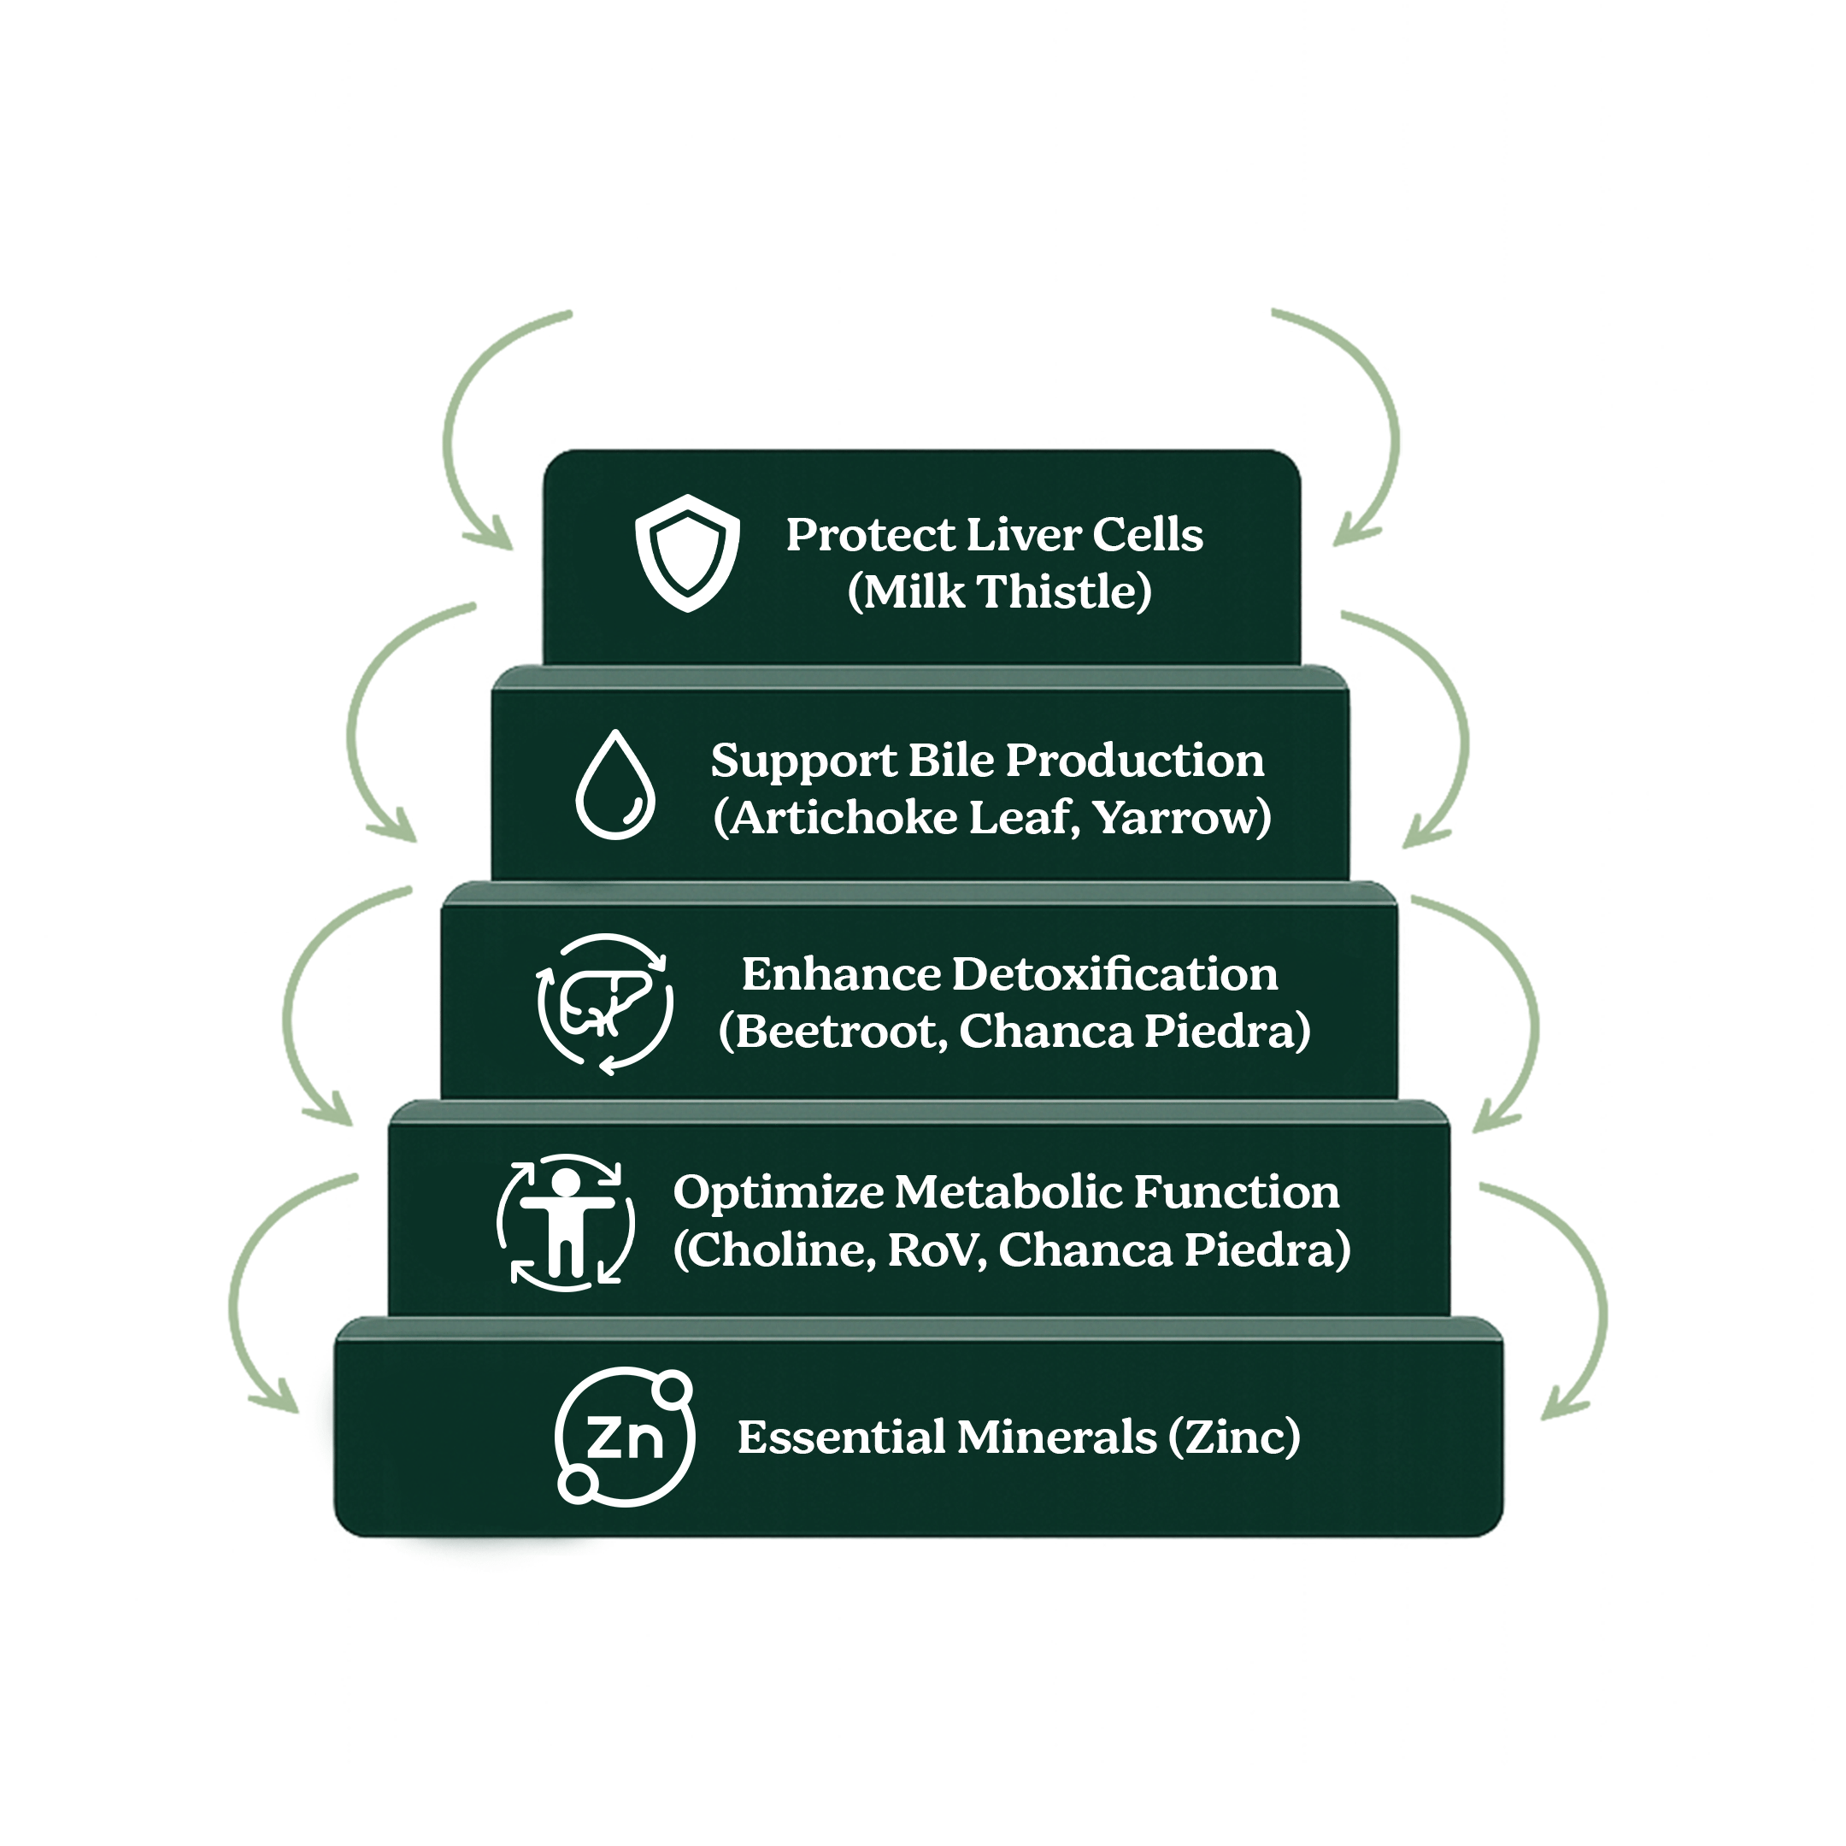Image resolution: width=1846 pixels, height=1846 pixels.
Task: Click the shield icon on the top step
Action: pos(687,552)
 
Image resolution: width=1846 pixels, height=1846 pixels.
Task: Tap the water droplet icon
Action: pos(615,786)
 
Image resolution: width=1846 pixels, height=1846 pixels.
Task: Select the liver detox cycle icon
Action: pos(605,1003)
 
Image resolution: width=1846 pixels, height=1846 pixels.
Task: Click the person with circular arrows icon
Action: pos(566,1222)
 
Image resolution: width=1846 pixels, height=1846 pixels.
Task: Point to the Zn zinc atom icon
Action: pos(625,1435)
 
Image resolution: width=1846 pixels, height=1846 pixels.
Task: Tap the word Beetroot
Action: pos(841,1031)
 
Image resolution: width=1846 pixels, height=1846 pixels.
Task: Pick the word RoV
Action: pos(937,1249)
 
